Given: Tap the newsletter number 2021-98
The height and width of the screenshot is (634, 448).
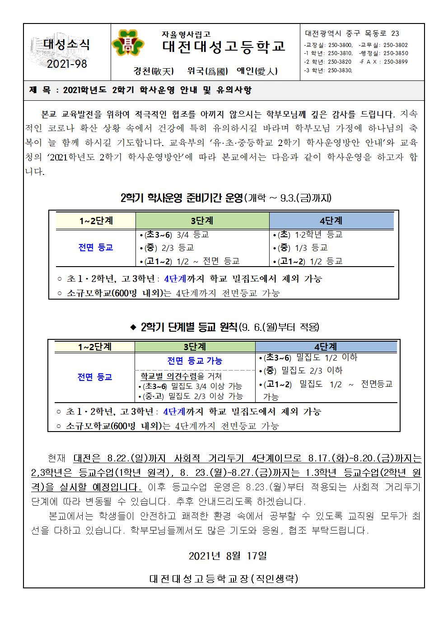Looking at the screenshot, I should click(x=67, y=64).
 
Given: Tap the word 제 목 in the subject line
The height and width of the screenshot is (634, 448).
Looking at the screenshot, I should click(x=40, y=90).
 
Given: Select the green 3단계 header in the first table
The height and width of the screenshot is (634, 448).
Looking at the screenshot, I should click(x=202, y=221).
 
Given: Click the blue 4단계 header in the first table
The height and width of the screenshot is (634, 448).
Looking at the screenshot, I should click(x=331, y=221).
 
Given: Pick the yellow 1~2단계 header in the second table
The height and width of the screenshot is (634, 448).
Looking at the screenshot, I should click(x=95, y=347).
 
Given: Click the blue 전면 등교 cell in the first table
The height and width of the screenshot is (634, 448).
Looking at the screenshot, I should click(x=95, y=247).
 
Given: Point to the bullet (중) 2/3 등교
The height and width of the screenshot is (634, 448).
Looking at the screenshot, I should click(x=167, y=248).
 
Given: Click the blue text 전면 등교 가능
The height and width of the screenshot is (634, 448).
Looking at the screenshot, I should click(x=195, y=361).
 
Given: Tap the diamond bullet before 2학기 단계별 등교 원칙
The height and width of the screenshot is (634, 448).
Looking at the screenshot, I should click(x=133, y=327).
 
